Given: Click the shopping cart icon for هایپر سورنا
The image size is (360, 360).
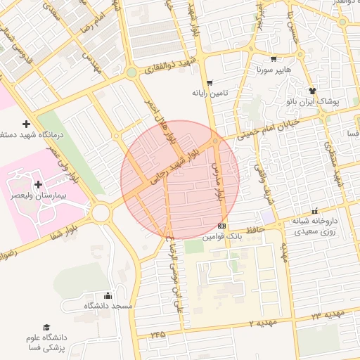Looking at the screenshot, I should pos(274,59).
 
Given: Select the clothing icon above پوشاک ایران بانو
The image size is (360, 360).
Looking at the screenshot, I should pos(313,91).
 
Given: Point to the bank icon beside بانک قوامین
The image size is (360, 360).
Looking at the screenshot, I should pos(222,226).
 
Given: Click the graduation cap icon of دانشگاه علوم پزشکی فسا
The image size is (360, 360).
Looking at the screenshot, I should pos(46,328).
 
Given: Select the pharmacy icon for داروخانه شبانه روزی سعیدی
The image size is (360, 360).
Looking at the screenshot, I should pos(314,210).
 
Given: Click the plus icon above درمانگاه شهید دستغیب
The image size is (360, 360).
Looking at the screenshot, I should pos(27,124).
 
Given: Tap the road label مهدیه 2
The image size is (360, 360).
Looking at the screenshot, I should pos(264,322).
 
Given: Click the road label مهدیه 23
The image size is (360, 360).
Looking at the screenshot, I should pos(322,314).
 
